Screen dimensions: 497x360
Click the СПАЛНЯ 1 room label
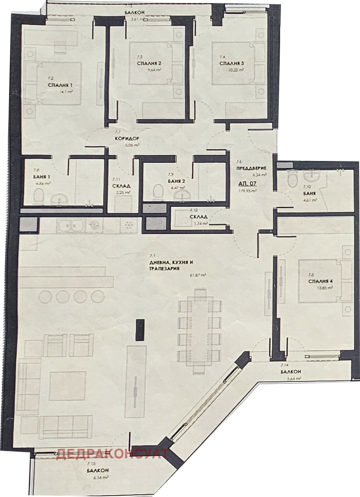[60, 85]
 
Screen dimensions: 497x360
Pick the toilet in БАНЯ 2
[158, 192]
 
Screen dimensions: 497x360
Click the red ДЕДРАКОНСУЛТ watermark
[109, 454]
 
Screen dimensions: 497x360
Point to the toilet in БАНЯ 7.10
[291, 179]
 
